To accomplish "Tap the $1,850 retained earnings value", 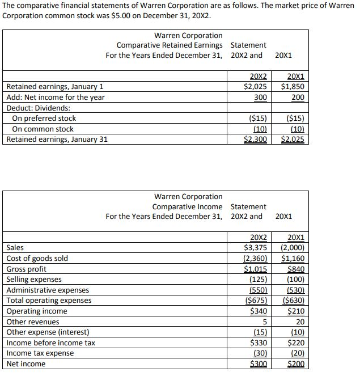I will click(x=293, y=87).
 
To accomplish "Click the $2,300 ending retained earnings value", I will click(x=255, y=140).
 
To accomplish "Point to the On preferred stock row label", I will click(x=44, y=119).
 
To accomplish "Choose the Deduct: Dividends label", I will click(x=37, y=108).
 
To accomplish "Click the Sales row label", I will click(x=15, y=248).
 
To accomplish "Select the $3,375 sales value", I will click(x=256, y=248).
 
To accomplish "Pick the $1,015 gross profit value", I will click(x=256, y=269).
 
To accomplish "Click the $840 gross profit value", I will click(x=295, y=269).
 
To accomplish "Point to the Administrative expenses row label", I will click(x=48, y=290).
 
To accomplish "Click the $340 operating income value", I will click(x=259, y=311).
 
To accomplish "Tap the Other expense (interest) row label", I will click(x=48, y=332).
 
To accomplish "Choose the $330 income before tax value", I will click(x=259, y=343).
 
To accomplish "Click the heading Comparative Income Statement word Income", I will click(x=209, y=206).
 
